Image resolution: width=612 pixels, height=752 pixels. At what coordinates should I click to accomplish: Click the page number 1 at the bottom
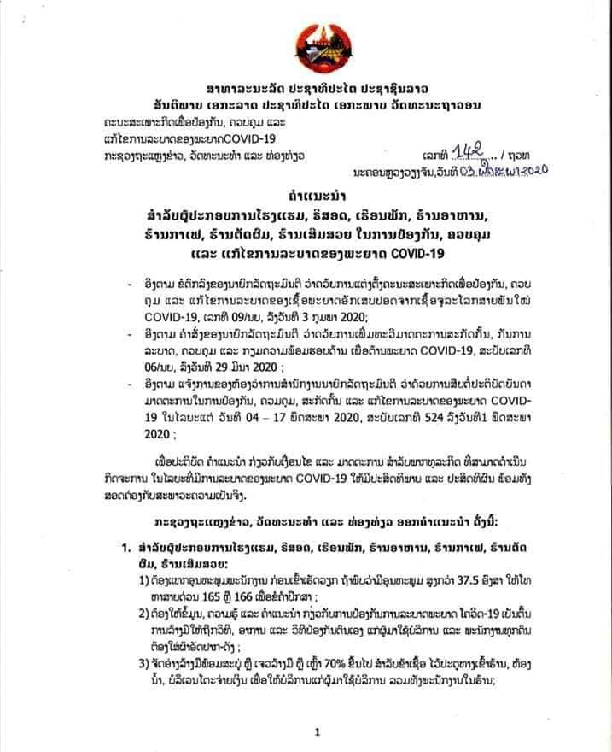[x=316, y=731]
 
